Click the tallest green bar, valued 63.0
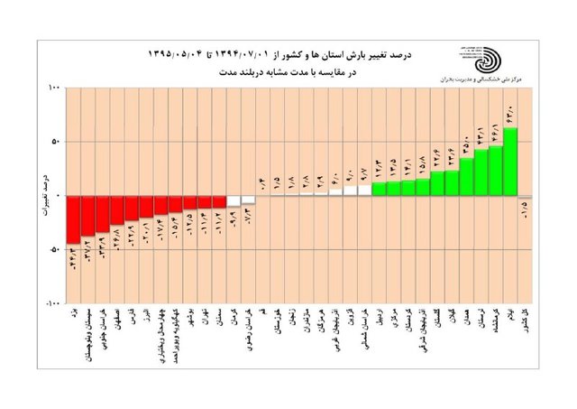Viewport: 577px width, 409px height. point(510,162)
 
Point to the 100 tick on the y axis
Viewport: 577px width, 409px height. point(51,88)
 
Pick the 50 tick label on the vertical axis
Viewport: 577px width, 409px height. point(53,142)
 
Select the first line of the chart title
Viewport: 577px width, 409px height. point(279,56)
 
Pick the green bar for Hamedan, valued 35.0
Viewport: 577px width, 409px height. point(466,172)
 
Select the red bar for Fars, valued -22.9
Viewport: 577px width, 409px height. point(132,208)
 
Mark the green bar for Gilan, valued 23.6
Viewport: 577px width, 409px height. point(452,182)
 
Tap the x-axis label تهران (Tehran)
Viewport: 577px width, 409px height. point(206,321)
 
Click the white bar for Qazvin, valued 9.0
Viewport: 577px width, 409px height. point(350,191)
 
